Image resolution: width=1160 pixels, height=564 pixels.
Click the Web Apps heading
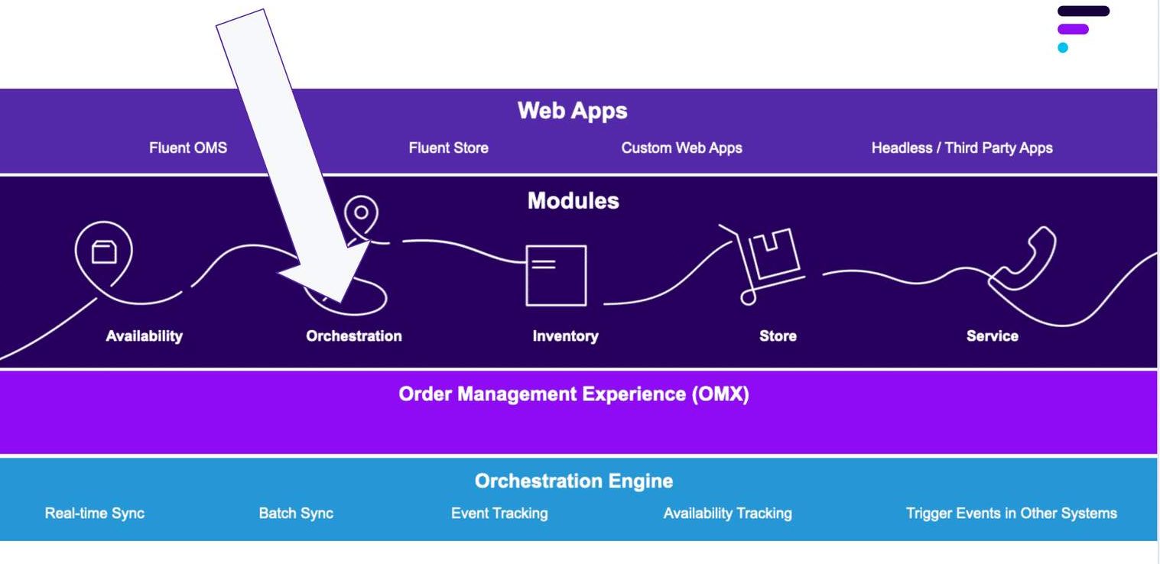click(x=572, y=111)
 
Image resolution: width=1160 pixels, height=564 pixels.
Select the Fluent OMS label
click(x=188, y=148)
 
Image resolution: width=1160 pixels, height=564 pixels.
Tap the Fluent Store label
click(x=448, y=148)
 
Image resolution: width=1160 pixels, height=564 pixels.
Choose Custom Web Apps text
click(x=681, y=148)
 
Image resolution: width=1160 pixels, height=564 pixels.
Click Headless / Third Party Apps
click(x=962, y=148)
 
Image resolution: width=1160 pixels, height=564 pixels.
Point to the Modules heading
click(x=573, y=201)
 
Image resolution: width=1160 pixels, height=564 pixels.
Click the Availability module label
click(x=144, y=336)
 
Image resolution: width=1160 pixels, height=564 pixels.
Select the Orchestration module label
click(x=353, y=336)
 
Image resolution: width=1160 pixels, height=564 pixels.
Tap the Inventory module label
click(x=565, y=336)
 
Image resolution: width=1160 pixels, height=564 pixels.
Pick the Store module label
click(x=778, y=336)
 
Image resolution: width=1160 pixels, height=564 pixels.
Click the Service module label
click(x=992, y=336)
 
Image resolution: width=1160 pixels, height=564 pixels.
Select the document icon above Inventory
click(x=556, y=275)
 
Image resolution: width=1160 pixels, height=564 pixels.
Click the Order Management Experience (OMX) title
click(x=574, y=394)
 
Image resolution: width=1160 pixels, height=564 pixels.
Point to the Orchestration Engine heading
click(x=574, y=481)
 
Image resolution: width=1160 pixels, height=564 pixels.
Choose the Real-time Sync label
click(x=95, y=514)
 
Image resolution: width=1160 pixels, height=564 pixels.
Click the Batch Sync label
click(x=296, y=514)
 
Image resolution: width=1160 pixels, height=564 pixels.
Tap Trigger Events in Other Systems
click(x=1011, y=514)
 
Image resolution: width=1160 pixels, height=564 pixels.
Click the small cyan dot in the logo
click(x=1063, y=47)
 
